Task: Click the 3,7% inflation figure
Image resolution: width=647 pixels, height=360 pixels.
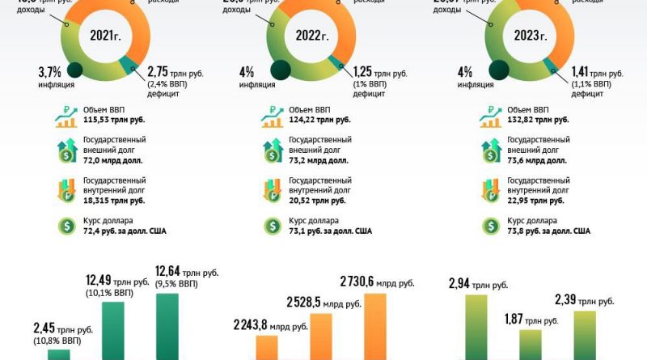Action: (50, 72)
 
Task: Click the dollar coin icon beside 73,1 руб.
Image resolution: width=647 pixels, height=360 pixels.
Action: (269, 227)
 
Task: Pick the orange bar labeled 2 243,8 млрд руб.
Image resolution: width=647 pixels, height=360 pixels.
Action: (267, 346)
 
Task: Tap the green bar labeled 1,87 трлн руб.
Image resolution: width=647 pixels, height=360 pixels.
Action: (531, 344)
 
